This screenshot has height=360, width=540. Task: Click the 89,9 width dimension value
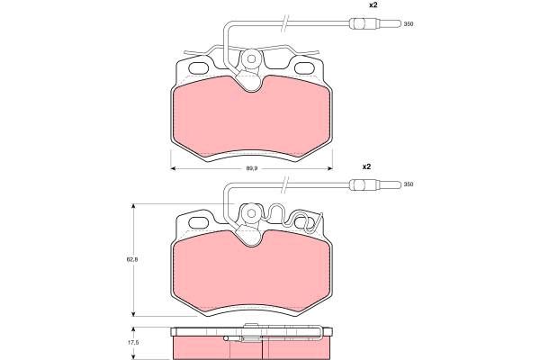(x=252, y=168)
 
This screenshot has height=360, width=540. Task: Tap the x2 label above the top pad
(x=373, y=5)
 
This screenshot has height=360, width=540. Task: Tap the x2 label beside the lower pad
(x=366, y=166)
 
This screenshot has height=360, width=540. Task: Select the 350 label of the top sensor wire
(x=409, y=24)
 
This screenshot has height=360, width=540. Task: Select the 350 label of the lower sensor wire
(x=409, y=184)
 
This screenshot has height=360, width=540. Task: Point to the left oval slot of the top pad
(x=200, y=68)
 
